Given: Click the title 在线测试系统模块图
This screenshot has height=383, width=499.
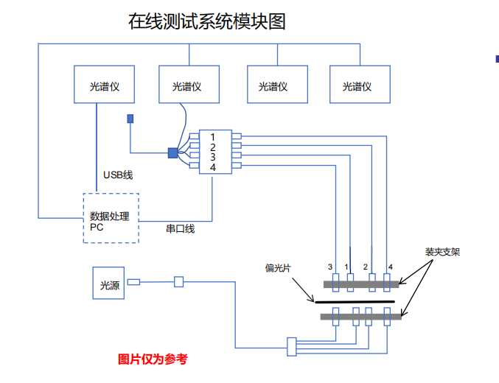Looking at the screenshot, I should (x=207, y=22).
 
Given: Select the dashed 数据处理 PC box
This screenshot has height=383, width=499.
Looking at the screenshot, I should (x=110, y=218).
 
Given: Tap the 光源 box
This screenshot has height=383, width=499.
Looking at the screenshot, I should (x=110, y=283).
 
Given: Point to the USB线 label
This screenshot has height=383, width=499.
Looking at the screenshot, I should (x=118, y=175).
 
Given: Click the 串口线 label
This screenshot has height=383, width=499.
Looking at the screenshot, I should (x=180, y=229).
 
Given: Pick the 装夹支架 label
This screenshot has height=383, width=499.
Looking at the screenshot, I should (x=442, y=252).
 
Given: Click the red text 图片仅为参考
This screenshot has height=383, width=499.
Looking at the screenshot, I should (x=153, y=359).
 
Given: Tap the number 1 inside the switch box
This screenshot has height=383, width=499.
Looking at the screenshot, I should (x=213, y=137).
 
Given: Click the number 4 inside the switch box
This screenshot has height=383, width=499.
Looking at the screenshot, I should (x=213, y=168).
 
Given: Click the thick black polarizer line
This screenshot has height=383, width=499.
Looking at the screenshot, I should (x=355, y=301).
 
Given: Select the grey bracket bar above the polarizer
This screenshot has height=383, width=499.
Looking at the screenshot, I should (x=362, y=283).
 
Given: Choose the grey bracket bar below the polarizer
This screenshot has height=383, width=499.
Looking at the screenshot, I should (x=361, y=317).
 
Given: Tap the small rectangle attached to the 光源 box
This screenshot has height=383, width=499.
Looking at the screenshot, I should (x=133, y=282).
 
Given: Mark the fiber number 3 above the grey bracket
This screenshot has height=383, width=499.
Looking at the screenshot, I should (x=330, y=267).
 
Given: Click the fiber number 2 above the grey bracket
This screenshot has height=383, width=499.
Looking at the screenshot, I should (x=366, y=267).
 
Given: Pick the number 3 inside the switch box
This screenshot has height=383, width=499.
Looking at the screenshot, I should (x=213, y=157).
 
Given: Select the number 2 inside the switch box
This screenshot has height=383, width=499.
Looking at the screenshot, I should (x=213, y=147).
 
